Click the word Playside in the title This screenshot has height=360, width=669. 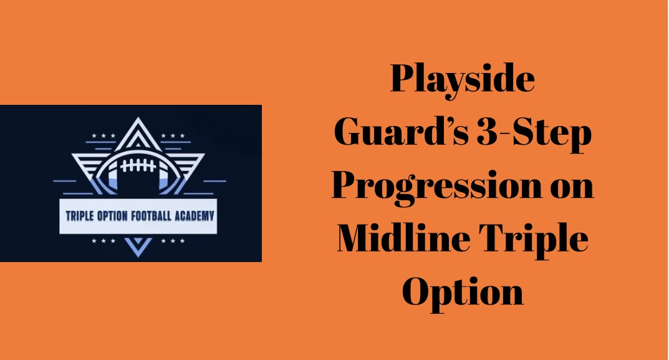(x=462, y=81)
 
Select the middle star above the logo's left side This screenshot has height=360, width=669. (x=103, y=136)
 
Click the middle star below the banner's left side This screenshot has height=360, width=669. (x=103, y=240)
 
